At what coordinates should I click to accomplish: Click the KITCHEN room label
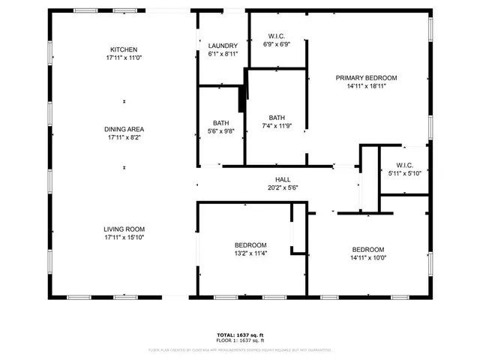click(124, 49)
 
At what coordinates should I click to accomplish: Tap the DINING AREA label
click(124, 129)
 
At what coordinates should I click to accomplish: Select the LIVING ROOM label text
click(124, 229)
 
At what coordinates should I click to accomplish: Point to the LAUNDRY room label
click(223, 46)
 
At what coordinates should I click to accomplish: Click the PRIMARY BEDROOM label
click(366, 78)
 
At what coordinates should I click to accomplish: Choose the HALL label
click(283, 179)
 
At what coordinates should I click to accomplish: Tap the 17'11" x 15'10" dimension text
click(124, 238)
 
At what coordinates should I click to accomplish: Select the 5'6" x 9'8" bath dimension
click(220, 131)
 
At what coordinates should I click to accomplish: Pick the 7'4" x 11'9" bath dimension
click(277, 126)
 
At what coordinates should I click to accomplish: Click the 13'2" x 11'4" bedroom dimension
click(250, 253)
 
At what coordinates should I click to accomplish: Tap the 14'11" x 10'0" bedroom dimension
click(368, 258)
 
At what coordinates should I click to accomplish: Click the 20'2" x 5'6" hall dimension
click(283, 187)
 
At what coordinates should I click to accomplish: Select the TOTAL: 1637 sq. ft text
click(240, 334)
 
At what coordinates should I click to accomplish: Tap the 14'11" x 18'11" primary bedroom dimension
click(366, 86)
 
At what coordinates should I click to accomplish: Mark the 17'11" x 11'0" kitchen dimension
click(124, 58)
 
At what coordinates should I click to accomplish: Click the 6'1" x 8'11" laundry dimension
click(223, 54)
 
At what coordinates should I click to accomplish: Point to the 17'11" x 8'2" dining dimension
click(124, 137)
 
